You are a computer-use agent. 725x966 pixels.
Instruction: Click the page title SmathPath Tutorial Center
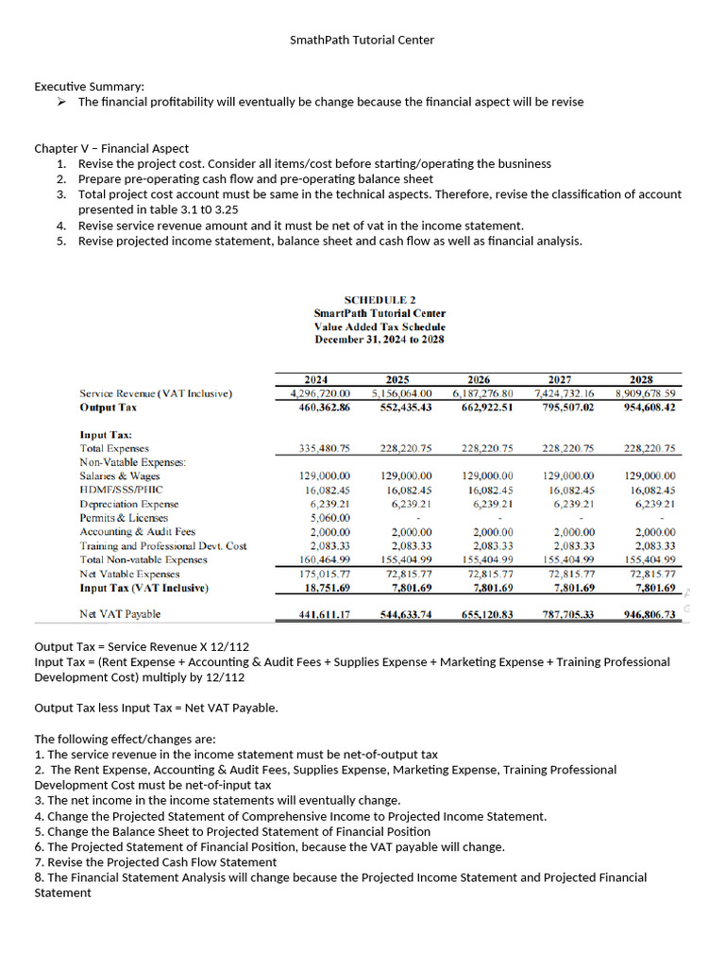(x=362, y=40)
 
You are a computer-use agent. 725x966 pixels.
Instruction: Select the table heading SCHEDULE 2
(x=379, y=299)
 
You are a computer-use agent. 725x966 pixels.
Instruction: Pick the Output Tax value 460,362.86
(x=324, y=408)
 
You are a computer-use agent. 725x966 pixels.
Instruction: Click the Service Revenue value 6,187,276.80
(x=483, y=393)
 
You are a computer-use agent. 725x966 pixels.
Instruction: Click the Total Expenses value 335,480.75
(x=324, y=449)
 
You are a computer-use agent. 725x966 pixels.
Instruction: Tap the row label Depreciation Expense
(x=129, y=504)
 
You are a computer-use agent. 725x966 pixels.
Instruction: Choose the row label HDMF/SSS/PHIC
(x=122, y=491)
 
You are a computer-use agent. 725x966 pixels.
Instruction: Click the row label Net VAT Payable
(x=120, y=614)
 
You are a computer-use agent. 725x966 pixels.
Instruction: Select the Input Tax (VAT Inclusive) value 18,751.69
(x=327, y=589)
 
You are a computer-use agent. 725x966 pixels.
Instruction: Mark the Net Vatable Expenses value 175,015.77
(x=324, y=574)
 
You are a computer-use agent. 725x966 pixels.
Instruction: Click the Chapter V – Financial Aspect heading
(x=111, y=148)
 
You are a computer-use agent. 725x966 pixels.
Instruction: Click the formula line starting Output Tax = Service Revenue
(x=142, y=646)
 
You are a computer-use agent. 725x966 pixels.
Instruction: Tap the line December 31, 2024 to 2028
(x=379, y=340)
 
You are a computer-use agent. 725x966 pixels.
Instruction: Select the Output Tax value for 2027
(x=565, y=408)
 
